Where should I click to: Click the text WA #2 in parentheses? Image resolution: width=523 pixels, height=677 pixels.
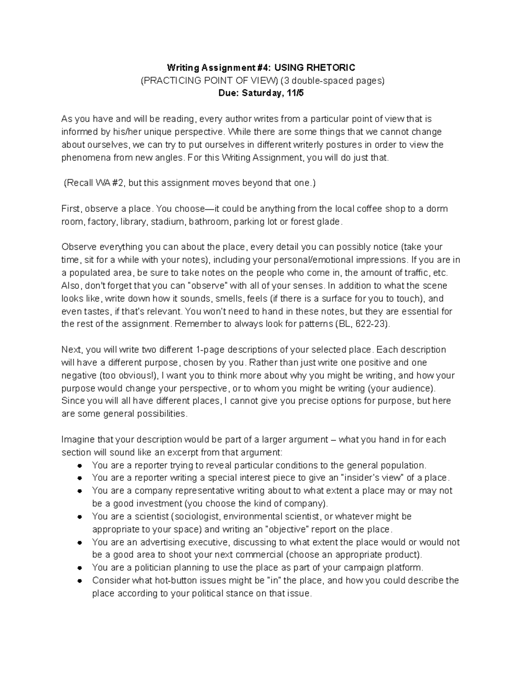click(x=109, y=183)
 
